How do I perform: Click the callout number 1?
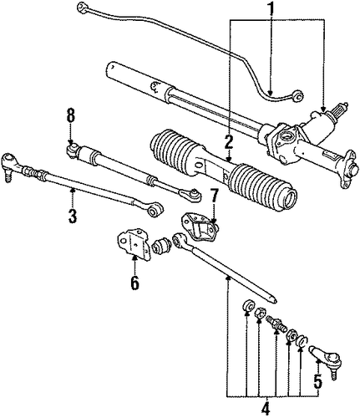271,9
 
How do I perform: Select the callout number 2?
229,142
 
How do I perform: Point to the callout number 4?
266,409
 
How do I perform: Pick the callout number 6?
134,283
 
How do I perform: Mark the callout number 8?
71,115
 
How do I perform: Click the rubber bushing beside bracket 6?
162,245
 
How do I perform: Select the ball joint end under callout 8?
73,150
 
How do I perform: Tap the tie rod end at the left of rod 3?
10,165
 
